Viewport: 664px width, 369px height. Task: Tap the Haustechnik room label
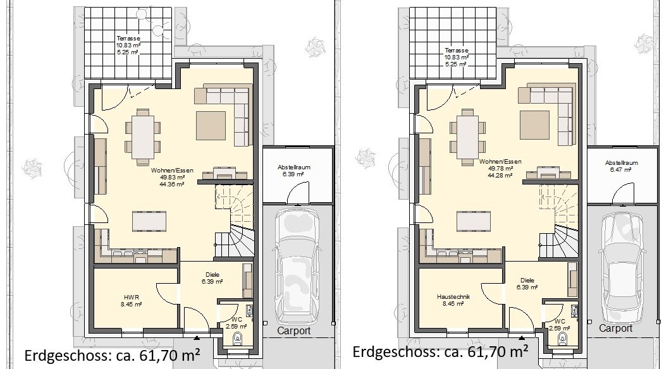453,296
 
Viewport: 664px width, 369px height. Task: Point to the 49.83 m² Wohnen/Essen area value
172,178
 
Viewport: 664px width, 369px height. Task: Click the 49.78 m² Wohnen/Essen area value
500,169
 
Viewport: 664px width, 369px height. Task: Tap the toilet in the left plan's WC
238,338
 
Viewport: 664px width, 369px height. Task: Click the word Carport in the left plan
294,331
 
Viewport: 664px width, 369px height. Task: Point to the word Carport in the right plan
616,328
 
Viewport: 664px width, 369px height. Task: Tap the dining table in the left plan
143,137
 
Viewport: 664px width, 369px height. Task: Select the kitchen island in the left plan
149,221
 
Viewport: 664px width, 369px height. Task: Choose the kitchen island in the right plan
474,221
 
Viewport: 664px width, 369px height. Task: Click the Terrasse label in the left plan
128,39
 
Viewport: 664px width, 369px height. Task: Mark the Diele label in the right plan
527,280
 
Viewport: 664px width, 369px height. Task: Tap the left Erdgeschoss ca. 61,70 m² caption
112,354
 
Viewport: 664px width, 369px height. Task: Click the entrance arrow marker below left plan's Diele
197,337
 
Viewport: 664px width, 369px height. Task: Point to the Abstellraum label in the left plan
294,167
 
